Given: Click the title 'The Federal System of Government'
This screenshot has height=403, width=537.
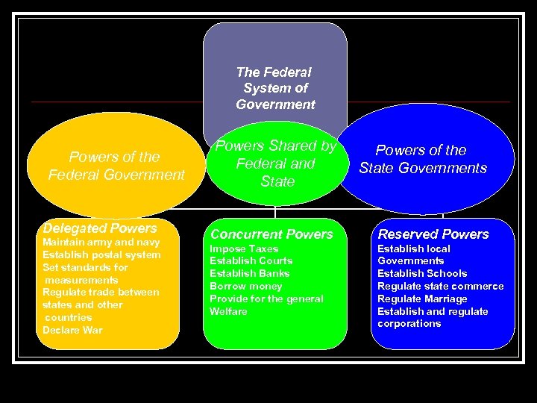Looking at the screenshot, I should [x=275, y=88].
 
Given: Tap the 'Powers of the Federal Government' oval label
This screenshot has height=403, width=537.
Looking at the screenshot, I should [x=116, y=166].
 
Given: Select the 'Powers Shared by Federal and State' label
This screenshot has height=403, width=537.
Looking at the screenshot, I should [x=276, y=163].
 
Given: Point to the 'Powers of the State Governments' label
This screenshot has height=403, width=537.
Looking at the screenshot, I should [x=422, y=159].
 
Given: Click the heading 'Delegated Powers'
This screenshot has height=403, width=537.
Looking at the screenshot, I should [x=100, y=228].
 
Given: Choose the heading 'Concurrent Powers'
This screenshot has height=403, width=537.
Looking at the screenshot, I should [x=271, y=234].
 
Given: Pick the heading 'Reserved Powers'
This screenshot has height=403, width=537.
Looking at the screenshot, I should [x=433, y=234].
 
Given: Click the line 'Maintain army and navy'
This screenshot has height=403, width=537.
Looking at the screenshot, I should [x=101, y=243].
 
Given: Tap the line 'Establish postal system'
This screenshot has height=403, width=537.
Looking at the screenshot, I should [x=101, y=254].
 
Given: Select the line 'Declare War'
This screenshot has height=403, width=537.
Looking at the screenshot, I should [x=72, y=330].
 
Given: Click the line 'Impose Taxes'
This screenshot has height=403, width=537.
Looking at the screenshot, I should [x=244, y=249].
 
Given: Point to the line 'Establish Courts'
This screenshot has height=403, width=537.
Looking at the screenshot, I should [x=251, y=260].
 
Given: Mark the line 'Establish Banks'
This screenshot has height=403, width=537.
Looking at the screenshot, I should [x=249, y=273].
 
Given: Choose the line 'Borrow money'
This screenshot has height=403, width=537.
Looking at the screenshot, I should [x=245, y=286].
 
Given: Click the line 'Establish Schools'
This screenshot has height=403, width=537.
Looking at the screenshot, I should [x=422, y=273].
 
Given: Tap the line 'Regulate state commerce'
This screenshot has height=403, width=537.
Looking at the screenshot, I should [x=440, y=286].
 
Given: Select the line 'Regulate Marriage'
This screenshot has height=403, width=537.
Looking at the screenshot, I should [x=422, y=299].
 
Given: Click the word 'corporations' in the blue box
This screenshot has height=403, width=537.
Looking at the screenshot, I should [x=409, y=324].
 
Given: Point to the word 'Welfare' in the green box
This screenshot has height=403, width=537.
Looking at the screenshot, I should [x=228, y=311].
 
